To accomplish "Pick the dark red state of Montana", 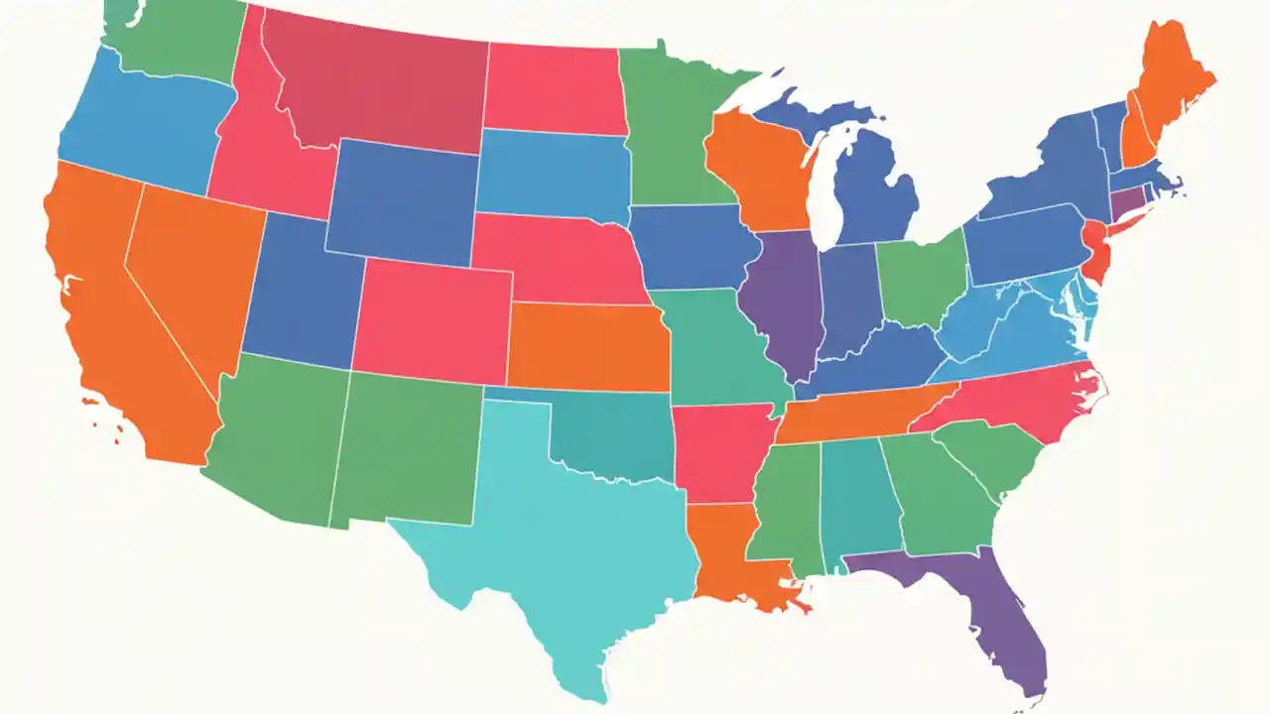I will [x=377, y=84].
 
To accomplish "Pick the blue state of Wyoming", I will [x=402, y=203].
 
